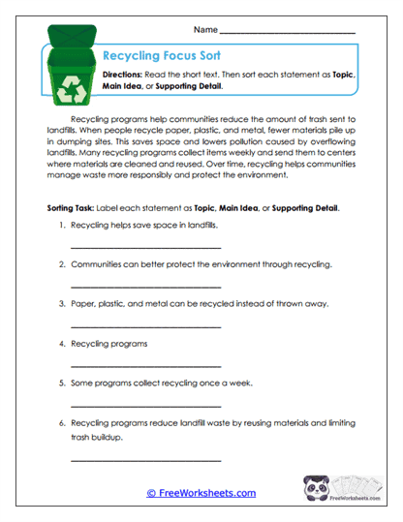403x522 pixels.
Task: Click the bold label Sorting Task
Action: click(75, 208)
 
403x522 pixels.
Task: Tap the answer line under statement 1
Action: click(145, 248)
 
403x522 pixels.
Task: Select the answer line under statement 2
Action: click(145, 288)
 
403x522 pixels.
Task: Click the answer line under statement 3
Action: click(145, 326)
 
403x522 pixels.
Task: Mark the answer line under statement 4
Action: click(145, 366)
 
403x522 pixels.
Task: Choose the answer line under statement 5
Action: click(145, 405)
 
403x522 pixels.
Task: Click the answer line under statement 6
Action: click(145, 459)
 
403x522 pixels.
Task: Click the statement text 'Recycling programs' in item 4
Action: click(109, 343)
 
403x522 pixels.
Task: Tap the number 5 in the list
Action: click(61, 383)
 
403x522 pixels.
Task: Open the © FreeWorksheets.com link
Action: click(201, 493)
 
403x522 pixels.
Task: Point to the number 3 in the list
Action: click(61, 303)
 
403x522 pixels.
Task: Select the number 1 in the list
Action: click(61, 225)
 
